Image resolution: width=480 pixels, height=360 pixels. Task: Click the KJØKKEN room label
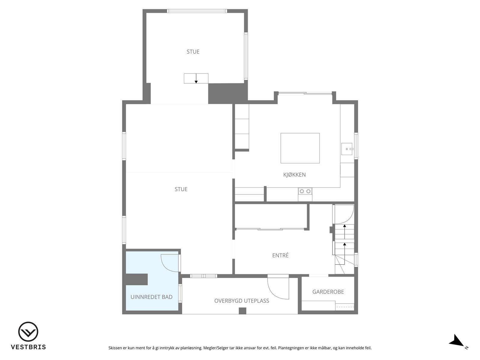pyautogui.click(x=294, y=175)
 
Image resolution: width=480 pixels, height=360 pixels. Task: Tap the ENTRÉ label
pyautogui.click(x=280, y=256)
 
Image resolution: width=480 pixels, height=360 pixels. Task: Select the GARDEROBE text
pyautogui.click(x=328, y=292)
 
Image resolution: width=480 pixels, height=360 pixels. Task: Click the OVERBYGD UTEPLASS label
pyautogui.click(x=241, y=301)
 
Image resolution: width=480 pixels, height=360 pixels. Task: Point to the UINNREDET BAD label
pyautogui.click(x=151, y=297)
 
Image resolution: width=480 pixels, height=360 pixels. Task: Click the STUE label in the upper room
pyautogui.click(x=193, y=52)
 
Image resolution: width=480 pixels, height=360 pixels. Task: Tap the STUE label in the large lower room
pyautogui.click(x=181, y=189)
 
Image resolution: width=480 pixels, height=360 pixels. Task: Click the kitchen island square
pyautogui.click(x=300, y=148)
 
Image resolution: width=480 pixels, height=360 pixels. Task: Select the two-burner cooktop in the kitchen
pyautogui.click(x=305, y=191)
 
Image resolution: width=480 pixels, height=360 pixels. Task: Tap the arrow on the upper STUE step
pyautogui.click(x=196, y=79)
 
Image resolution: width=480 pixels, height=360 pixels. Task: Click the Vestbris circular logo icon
pyautogui.click(x=28, y=332)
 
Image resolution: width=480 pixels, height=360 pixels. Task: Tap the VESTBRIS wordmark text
pyautogui.click(x=28, y=347)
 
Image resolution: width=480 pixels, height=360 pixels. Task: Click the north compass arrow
pyautogui.click(x=456, y=341)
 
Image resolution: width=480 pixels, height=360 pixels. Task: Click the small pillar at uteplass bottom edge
pyautogui.click(x=242, y=311)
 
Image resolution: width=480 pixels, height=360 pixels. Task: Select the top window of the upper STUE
pyautogui.click(x=197, y=11)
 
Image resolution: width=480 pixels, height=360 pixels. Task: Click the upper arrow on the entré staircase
pyautogui.click(x=344, y=228)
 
